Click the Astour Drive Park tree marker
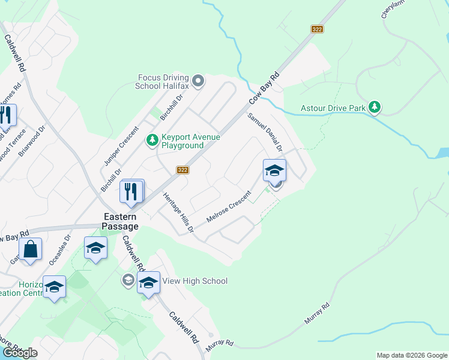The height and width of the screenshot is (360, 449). click(x=375, y=107)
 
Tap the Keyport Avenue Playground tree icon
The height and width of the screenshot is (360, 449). click(x=152, y=140)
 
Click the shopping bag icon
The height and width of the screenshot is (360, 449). click(x=29, y=250)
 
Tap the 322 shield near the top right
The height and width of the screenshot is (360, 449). click(x=318, y=29)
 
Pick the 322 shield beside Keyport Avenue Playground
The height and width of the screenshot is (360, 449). click(x=183, y=170)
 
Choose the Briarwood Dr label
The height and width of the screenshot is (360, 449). click(x=32, y=141)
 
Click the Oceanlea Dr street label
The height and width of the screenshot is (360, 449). click(x=59, y=250)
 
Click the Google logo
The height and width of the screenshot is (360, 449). click(x=20, y=353)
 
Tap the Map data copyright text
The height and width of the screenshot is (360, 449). click(x=411, y=355)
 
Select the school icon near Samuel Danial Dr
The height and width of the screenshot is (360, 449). click(x=274, y=170)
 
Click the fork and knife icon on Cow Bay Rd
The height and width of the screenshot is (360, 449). click(x=131, y=192)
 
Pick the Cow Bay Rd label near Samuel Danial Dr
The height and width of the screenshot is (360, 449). click(x=265, y=88)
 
